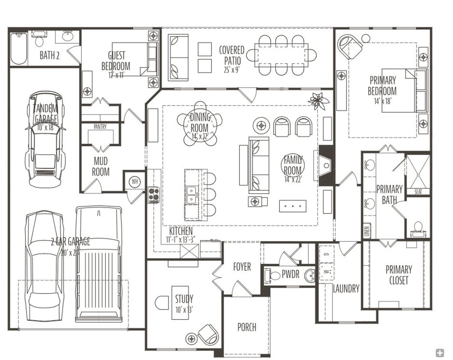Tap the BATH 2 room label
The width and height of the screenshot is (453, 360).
(x=49, y=55)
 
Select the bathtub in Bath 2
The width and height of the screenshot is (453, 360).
(x=19, y=48)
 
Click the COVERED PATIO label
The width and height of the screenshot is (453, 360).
(x=231, y=55)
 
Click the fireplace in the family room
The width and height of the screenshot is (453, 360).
(x=326, y=165)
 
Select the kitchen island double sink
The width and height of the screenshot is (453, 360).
(x=191, y=195)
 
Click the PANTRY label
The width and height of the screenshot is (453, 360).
(x=100, y=127)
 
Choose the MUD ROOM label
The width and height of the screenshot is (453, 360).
(x=101, y=167)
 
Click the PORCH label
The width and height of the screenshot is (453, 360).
(x=247, y=327)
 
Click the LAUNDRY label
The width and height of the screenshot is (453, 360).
(x=346, y=288)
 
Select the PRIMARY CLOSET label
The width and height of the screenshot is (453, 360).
(x=398, y=275)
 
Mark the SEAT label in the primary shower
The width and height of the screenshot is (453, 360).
(x=418, y=192)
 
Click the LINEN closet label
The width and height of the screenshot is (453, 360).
(x=367, y=231)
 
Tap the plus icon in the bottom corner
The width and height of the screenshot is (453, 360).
(x=440, y=353)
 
